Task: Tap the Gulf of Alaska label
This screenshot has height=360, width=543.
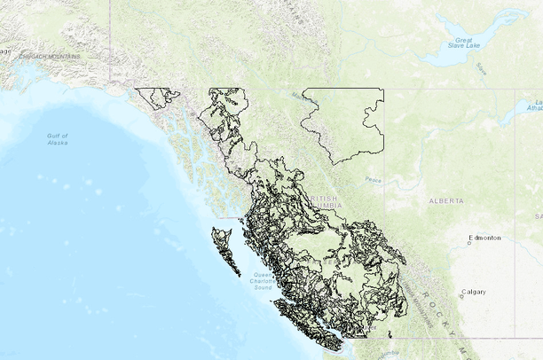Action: tap(58, 138)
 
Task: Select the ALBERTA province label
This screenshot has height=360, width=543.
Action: tap(445, 201)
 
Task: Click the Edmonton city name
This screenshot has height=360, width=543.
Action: tap(485, 238)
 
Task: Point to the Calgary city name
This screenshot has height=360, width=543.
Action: tap(474, 292)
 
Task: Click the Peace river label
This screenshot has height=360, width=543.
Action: tap(373, 180)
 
